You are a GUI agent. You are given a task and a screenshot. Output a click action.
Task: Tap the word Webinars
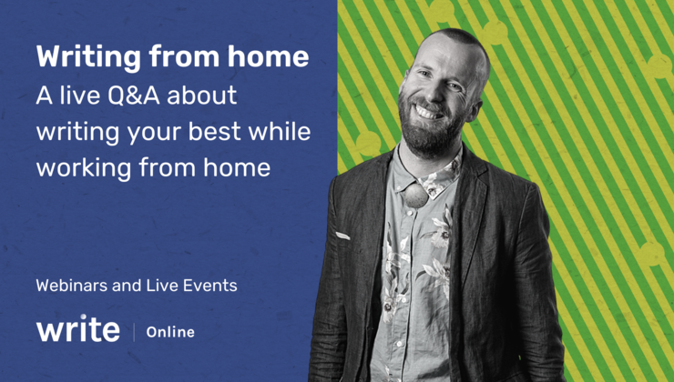[75, 286]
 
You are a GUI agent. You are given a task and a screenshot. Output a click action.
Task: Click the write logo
[77, 328]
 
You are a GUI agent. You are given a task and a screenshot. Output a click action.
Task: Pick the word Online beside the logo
[170, 332]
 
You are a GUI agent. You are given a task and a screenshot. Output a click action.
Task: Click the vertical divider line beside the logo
[135, 331]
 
